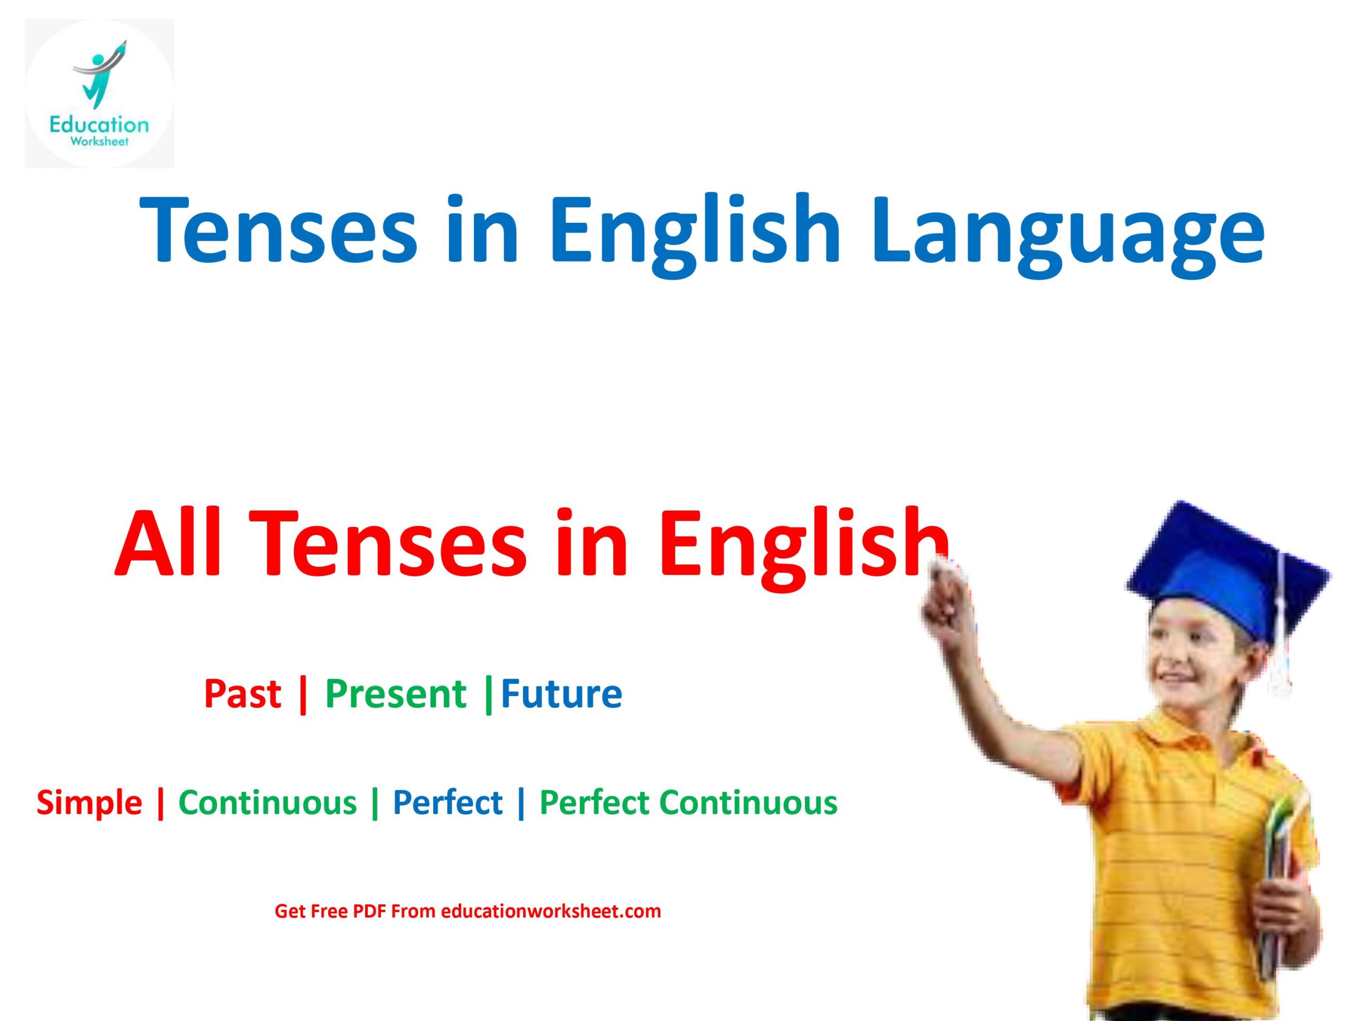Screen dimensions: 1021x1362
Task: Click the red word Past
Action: pos(242,694)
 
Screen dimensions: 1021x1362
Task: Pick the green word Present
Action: pos(395,694)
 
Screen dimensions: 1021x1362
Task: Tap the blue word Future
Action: pos(561,694)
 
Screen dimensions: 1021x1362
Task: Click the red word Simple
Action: pos(89,803)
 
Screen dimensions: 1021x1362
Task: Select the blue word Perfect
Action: pos(447,803)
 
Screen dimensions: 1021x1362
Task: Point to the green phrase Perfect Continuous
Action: pos(688,803)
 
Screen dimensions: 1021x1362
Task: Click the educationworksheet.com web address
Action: pos(551,911)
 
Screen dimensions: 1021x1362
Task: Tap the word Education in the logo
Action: pos(99,125)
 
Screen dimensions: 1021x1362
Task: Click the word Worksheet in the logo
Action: pos(99,143)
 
